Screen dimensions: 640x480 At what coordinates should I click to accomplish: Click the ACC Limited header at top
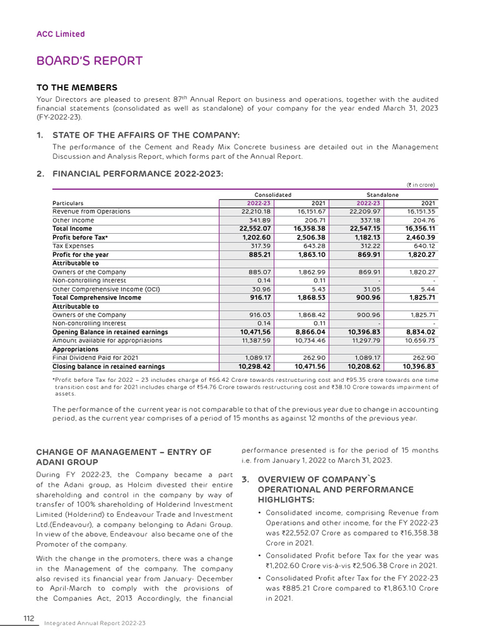(61, 34)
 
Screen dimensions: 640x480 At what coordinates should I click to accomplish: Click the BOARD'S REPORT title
(89, 61)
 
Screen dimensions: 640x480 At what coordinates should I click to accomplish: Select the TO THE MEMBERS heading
(77, 87)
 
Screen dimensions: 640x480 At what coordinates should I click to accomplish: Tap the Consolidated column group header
(272, 195)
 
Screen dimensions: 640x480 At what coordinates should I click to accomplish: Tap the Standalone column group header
(382, 195)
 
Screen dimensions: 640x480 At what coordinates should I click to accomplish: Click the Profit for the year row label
(80, 254)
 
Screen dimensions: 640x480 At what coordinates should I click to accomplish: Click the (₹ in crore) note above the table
(421, 184)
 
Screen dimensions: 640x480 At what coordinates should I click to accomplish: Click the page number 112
(29, 618)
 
